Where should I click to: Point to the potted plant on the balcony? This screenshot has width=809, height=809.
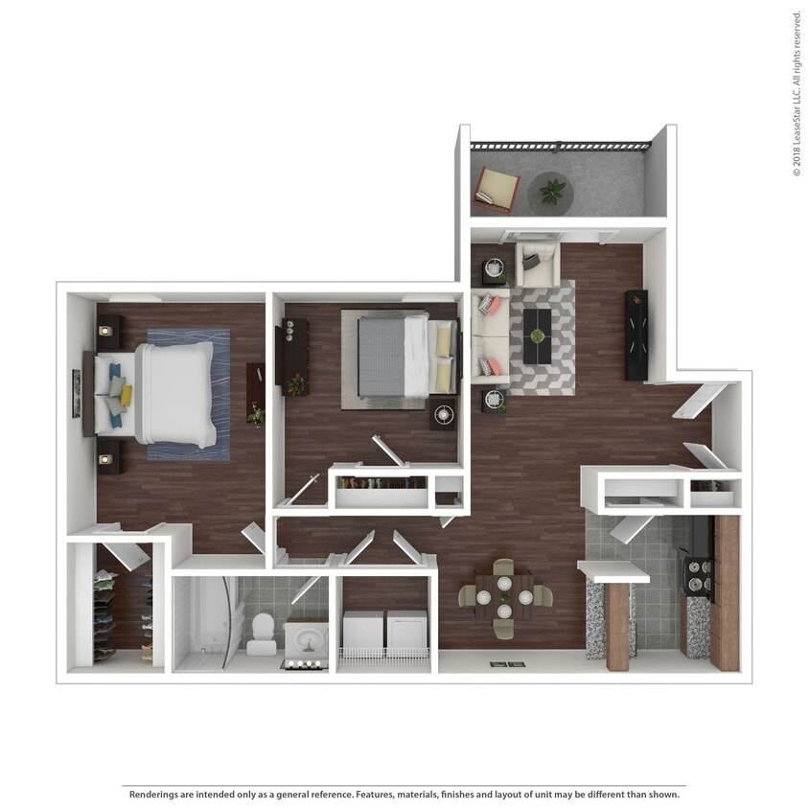[x=552, y=193]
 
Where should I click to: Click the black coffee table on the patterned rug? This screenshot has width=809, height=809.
[x=538, y=335]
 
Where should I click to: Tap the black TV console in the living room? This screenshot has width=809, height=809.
[x=636, y=335]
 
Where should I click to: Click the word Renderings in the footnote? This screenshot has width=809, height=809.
[x=156, y=795]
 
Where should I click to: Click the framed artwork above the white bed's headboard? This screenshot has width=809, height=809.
[x=76, y=394]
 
